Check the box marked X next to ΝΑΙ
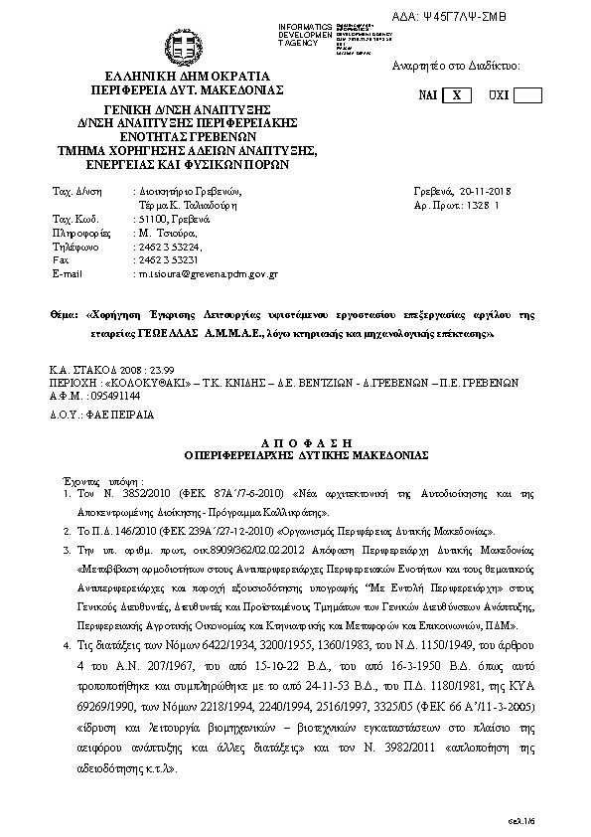pos(456,95)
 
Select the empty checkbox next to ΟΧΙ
pos(527,95)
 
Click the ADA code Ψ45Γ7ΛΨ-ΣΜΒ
pos(507,16)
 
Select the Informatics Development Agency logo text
pos(304,32)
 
